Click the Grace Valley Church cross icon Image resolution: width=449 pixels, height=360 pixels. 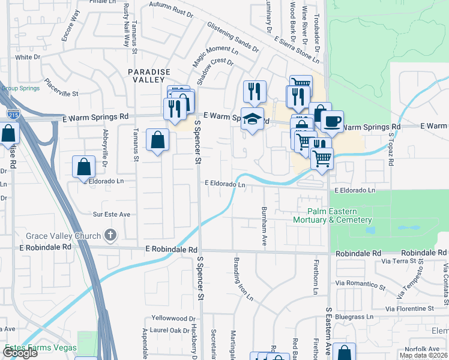[x=110, y=235]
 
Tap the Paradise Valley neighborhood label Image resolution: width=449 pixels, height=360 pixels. [x=146, y=76]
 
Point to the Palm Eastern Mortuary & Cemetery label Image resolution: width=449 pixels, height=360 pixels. [x=341, y=215]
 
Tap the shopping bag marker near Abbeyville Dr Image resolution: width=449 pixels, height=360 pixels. [x=84, y=167]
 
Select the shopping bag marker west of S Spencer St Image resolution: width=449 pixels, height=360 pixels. [x=157, y=141]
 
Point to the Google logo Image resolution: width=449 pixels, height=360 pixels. [x=19, y=353]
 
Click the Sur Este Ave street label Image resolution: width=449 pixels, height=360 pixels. [x=112, y=214]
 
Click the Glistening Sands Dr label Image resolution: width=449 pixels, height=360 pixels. [x=232, y=37]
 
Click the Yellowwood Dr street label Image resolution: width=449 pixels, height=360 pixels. [x=174, y=319]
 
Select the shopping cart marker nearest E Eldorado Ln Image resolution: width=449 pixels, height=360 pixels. [x=322, y=159]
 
